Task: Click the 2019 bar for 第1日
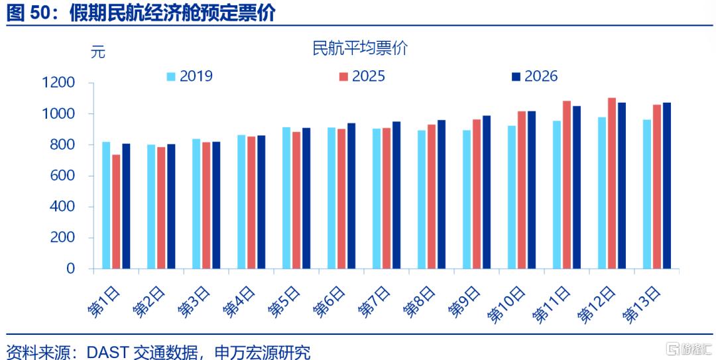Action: click(x=106, y=205)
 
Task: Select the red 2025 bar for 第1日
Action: click(x=116, y=211)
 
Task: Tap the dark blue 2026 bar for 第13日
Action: click(x=667, y=186)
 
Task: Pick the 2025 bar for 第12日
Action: click(x=612, y=183)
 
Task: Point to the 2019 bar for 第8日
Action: click(x=422, y=200)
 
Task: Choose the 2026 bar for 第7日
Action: click(x=396, y=195)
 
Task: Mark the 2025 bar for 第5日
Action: click(x=296, y=200)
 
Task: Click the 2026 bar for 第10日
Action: click(x=532, y=190)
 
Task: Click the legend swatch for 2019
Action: click(x=171, y=76)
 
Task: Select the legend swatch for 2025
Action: click(x=343, y=76)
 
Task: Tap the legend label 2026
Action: click(x=541, y=76)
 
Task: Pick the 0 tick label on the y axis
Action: click(x=70, y=269)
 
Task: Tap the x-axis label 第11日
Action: click(x=551, y=304)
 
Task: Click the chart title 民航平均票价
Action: click(x=360, y=48)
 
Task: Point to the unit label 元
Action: click(x=97, y=52)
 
